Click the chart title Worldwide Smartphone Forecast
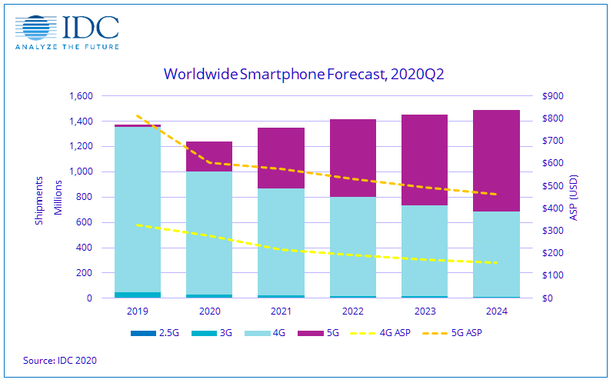[x=305, y=75]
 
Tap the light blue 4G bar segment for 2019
[x=138, y=208]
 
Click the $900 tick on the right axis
[x=552, y=96]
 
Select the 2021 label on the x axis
[x=280, y=311]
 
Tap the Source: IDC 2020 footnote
[x=60, y=360]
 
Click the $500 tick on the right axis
[x=552, y=186]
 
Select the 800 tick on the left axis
[x=84, y=197]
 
